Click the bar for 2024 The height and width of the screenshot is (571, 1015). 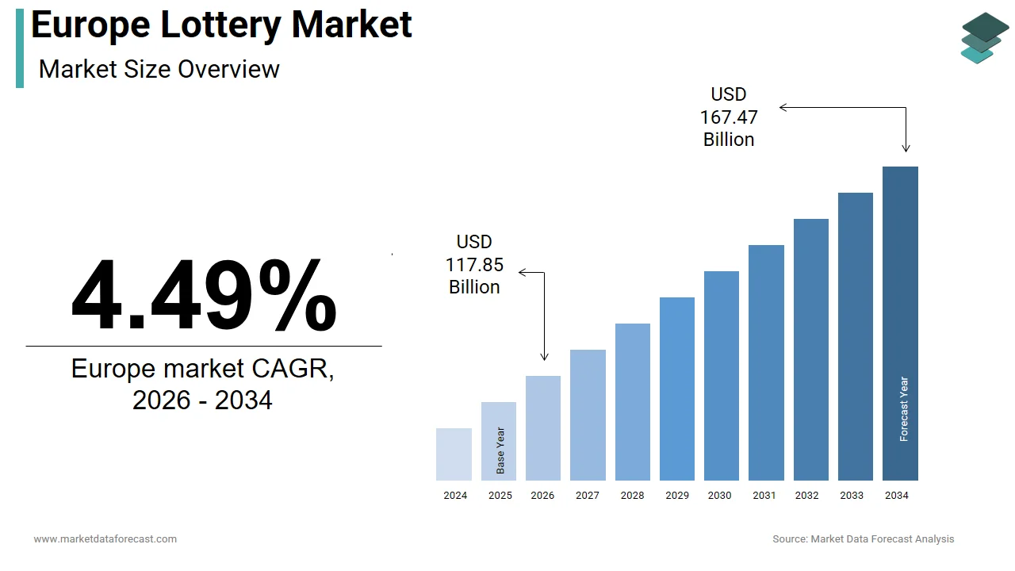(454, 454)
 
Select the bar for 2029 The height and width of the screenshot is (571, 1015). (677, 389)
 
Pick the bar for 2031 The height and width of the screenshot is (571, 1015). (766, 362)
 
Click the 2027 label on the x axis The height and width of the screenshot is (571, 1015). (588, 496)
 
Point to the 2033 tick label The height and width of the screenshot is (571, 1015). (852, 496)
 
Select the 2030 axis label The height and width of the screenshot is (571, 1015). (720, 496)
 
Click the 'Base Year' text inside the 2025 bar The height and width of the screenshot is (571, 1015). (500, 451)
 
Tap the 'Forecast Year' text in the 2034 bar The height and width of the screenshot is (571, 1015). (904, 409)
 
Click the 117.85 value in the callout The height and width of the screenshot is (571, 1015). (474, 264)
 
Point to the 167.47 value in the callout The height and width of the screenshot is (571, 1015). (729, 117)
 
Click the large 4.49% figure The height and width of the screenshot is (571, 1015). (204, 295)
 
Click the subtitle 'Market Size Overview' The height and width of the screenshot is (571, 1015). (159, 69)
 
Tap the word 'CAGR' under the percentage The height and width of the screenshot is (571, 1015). (293, 369)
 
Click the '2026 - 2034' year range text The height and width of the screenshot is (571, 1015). (202, 400)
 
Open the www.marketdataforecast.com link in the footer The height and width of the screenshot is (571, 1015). (105, 539)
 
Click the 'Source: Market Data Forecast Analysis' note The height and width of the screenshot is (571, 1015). (864, 539)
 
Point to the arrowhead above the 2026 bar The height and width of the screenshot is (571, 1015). (544, 358)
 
